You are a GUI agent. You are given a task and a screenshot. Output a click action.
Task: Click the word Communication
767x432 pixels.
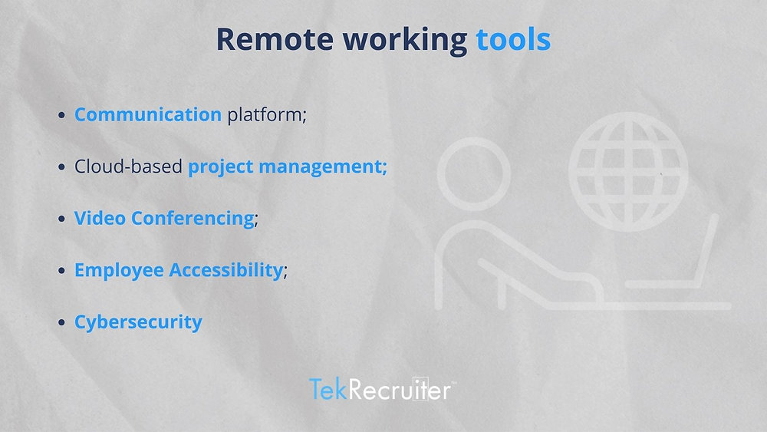pos(147,115)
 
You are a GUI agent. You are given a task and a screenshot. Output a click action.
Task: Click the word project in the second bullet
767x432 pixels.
pos(221,167)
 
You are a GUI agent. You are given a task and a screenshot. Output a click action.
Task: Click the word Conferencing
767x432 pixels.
pos(193,219)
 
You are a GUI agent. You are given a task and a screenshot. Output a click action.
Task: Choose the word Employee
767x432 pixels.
pos(119,270)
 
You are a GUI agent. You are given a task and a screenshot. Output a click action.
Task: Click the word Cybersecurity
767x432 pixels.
pos(138,322)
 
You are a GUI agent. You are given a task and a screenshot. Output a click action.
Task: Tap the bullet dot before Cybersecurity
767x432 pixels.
pos(62,322)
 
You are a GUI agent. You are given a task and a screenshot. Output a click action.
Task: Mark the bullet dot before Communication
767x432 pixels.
pos(62,116)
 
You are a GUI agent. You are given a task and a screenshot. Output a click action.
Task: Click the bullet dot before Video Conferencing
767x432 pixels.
pos(62,219)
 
